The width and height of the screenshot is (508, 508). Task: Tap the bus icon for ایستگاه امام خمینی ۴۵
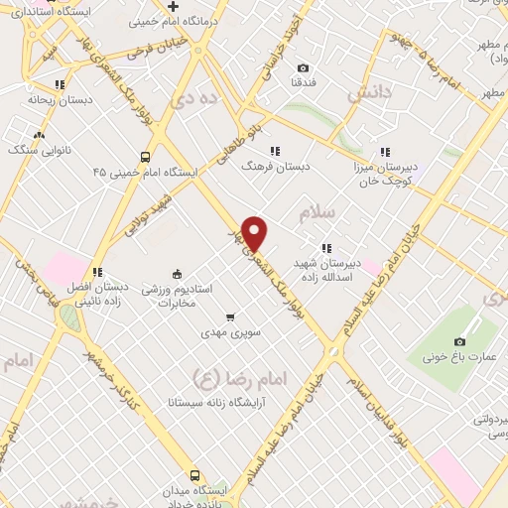click(x=146, y=157)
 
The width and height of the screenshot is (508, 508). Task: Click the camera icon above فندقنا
click(x=303, y=68)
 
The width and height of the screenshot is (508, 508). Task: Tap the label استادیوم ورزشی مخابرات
click(x=177, y=295)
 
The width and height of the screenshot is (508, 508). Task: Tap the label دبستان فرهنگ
click(x=275, y=167)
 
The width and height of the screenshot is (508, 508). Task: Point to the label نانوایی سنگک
click(x=38, y=150)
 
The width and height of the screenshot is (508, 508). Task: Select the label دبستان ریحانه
click(x=60, y=101)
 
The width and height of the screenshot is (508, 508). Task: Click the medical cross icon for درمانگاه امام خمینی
click(x=174, y=7)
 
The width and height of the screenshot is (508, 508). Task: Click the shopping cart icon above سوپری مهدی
click(x=230, y=317)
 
